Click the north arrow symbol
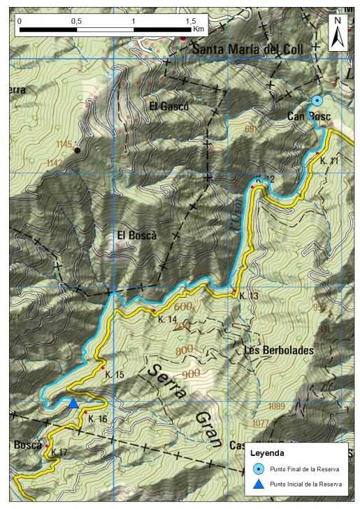(x=338, y=32)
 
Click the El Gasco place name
(x=168, y=106)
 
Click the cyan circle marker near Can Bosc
(x=317, y=101)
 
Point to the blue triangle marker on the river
(x=73, y=403)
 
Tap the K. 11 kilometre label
(x=329, y=161)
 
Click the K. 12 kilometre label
(x=266, y=180)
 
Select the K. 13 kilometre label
(x=249, y=296)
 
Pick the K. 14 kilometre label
(x=167, y=320)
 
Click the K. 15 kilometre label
(x=115, y=375)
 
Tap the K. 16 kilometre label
(x=98, y=418)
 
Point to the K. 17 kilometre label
(x=60, y=452)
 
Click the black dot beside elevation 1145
(x=78, y=150)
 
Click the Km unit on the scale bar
(x=199, y=29)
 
